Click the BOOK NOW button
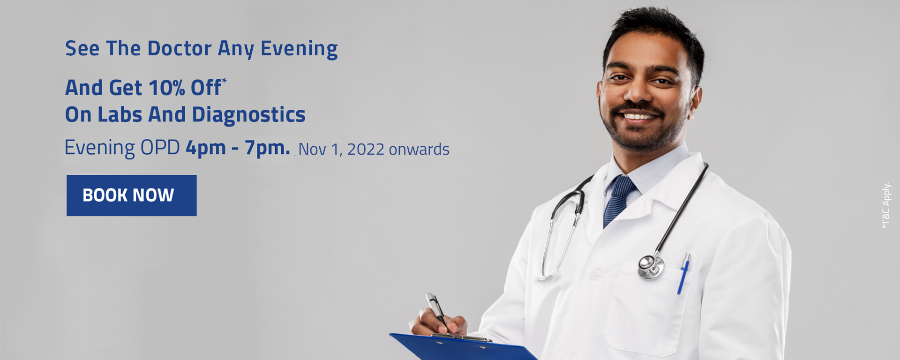[x=131, y=195]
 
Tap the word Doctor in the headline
[x=180, y=49]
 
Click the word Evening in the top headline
[x=299, y=49]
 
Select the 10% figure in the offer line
[x=166, y=88]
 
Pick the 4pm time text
[x=205, y=148]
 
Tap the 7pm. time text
[x=267, y=148]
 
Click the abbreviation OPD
[x=160, y=148]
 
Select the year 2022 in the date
[x=366, y=150]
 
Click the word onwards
[x=419, y=150]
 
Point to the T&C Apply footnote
[x=886, y=205]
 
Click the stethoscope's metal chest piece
[x=651, y=266]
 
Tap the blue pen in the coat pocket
[x=683, y=274]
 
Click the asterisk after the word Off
[x=225, y=81]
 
